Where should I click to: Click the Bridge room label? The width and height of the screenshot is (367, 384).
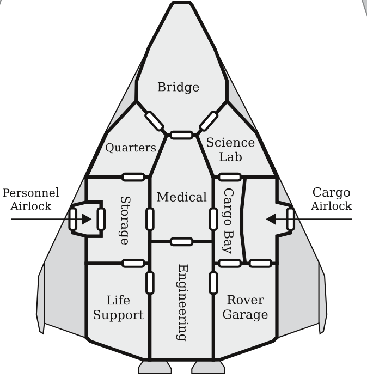178,87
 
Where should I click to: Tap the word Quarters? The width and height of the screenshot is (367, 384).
131,148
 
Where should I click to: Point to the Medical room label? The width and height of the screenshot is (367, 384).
182,197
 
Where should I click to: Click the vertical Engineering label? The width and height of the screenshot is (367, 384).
183,302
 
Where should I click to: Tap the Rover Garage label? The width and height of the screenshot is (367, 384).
245,307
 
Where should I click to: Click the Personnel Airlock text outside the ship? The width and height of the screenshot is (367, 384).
31,199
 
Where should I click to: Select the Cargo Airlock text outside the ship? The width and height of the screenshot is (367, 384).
332,199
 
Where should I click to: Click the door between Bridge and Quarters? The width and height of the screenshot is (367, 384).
155,121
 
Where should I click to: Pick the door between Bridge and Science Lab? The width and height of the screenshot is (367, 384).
209,121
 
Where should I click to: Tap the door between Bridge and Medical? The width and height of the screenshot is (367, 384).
181,135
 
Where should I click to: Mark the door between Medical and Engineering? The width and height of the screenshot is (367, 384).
181,241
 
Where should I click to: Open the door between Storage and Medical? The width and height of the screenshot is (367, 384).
150,218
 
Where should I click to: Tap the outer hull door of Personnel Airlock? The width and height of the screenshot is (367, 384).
73,218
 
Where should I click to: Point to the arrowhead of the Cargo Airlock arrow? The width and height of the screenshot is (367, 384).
269,219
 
